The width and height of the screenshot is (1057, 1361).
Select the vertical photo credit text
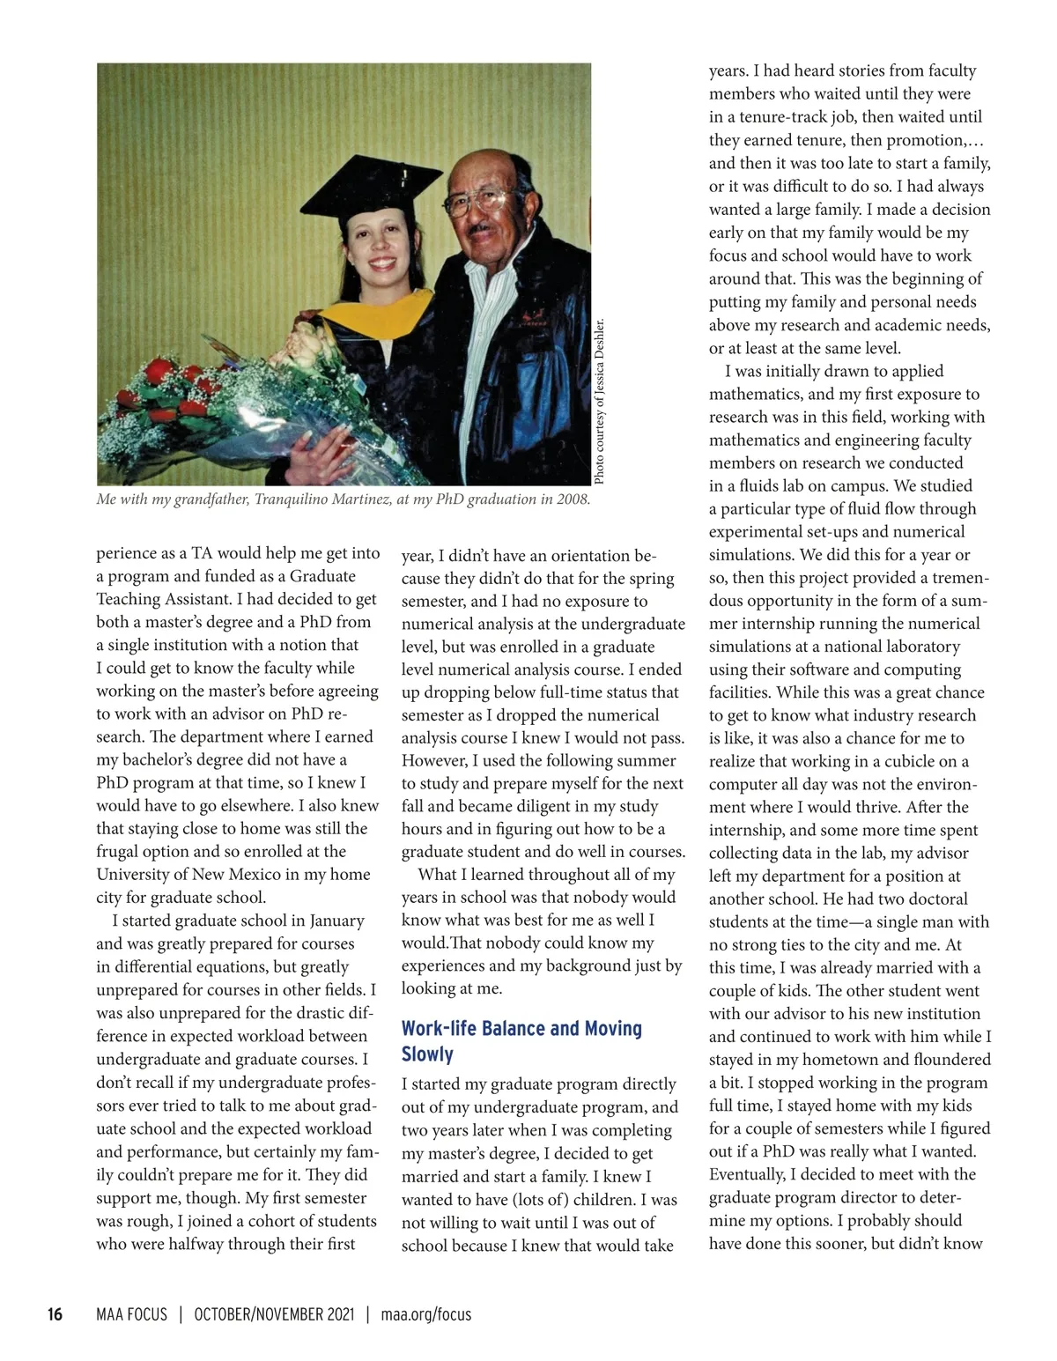(600, 401)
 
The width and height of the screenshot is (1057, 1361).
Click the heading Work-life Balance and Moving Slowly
(521, 1041)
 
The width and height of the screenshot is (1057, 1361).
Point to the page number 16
(55, 1314)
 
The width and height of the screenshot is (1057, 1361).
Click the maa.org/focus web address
(426, 1314)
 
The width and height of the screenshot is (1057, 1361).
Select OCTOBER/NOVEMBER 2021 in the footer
(274, 1314)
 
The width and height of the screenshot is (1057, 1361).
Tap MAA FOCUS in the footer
(131, 1314)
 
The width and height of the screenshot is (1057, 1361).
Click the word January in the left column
(336, 921)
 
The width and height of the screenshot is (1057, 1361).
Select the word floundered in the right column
(947, 1060)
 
